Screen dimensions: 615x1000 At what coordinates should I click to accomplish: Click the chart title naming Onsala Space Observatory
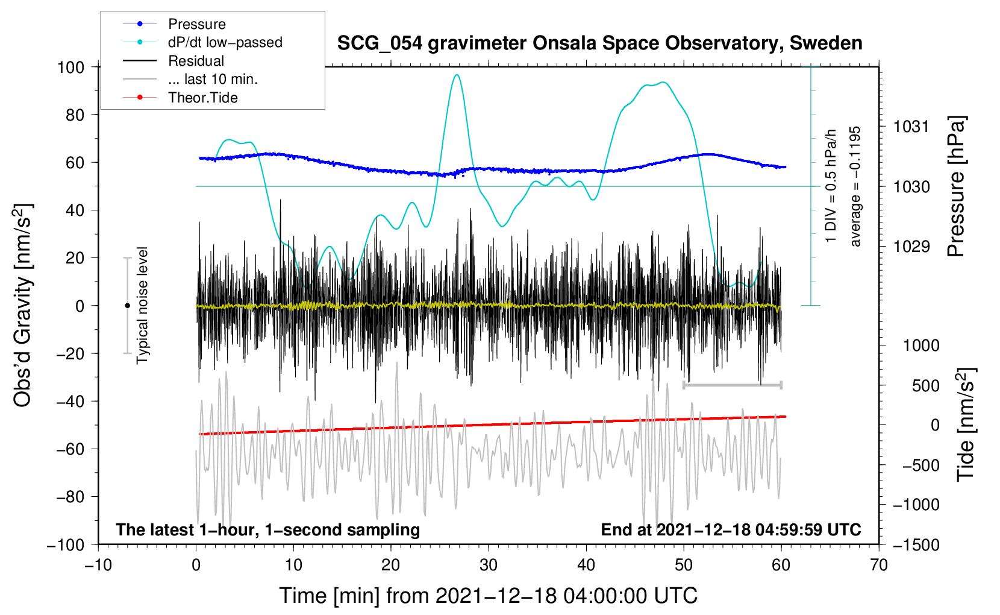click(x=599, y=43)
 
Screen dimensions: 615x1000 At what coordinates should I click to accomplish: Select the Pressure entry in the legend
click(x=196, y=24)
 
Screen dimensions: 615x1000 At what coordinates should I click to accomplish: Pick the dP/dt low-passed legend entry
click(x=225, y=42)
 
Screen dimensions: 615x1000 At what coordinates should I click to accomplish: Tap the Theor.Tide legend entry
click(x=202, y=98)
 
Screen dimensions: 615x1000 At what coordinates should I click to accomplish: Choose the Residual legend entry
click(x=196, y=61)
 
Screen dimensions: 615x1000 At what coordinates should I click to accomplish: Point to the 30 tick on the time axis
click(x=489, y=565)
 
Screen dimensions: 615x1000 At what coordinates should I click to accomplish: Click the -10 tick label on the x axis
click(x=98, y=565)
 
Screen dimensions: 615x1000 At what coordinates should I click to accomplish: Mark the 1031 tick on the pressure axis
click(x=911, y=127)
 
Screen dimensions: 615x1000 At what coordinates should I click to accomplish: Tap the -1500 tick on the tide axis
click(x=916, y=544)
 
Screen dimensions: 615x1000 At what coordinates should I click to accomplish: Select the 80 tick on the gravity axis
click(x=75, y=115)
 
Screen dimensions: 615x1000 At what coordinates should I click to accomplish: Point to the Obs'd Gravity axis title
click(x=23, y=305)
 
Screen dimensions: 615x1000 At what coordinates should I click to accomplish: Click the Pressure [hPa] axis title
click(x=957, y=186)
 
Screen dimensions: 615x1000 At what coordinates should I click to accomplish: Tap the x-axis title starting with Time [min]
click(x=488, y=596)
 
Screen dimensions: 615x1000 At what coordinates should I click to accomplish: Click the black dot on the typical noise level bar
click(x=127, y=306)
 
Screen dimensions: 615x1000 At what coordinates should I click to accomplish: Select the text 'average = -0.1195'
click(x=855, y=186)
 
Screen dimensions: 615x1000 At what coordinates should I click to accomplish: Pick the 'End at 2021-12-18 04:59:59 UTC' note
click(x=731, y=529)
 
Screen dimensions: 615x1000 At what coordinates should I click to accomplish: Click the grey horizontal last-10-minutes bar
click(x=732, y=385)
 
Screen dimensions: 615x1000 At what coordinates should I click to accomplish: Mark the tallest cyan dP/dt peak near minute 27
click(x=457, y=75)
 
